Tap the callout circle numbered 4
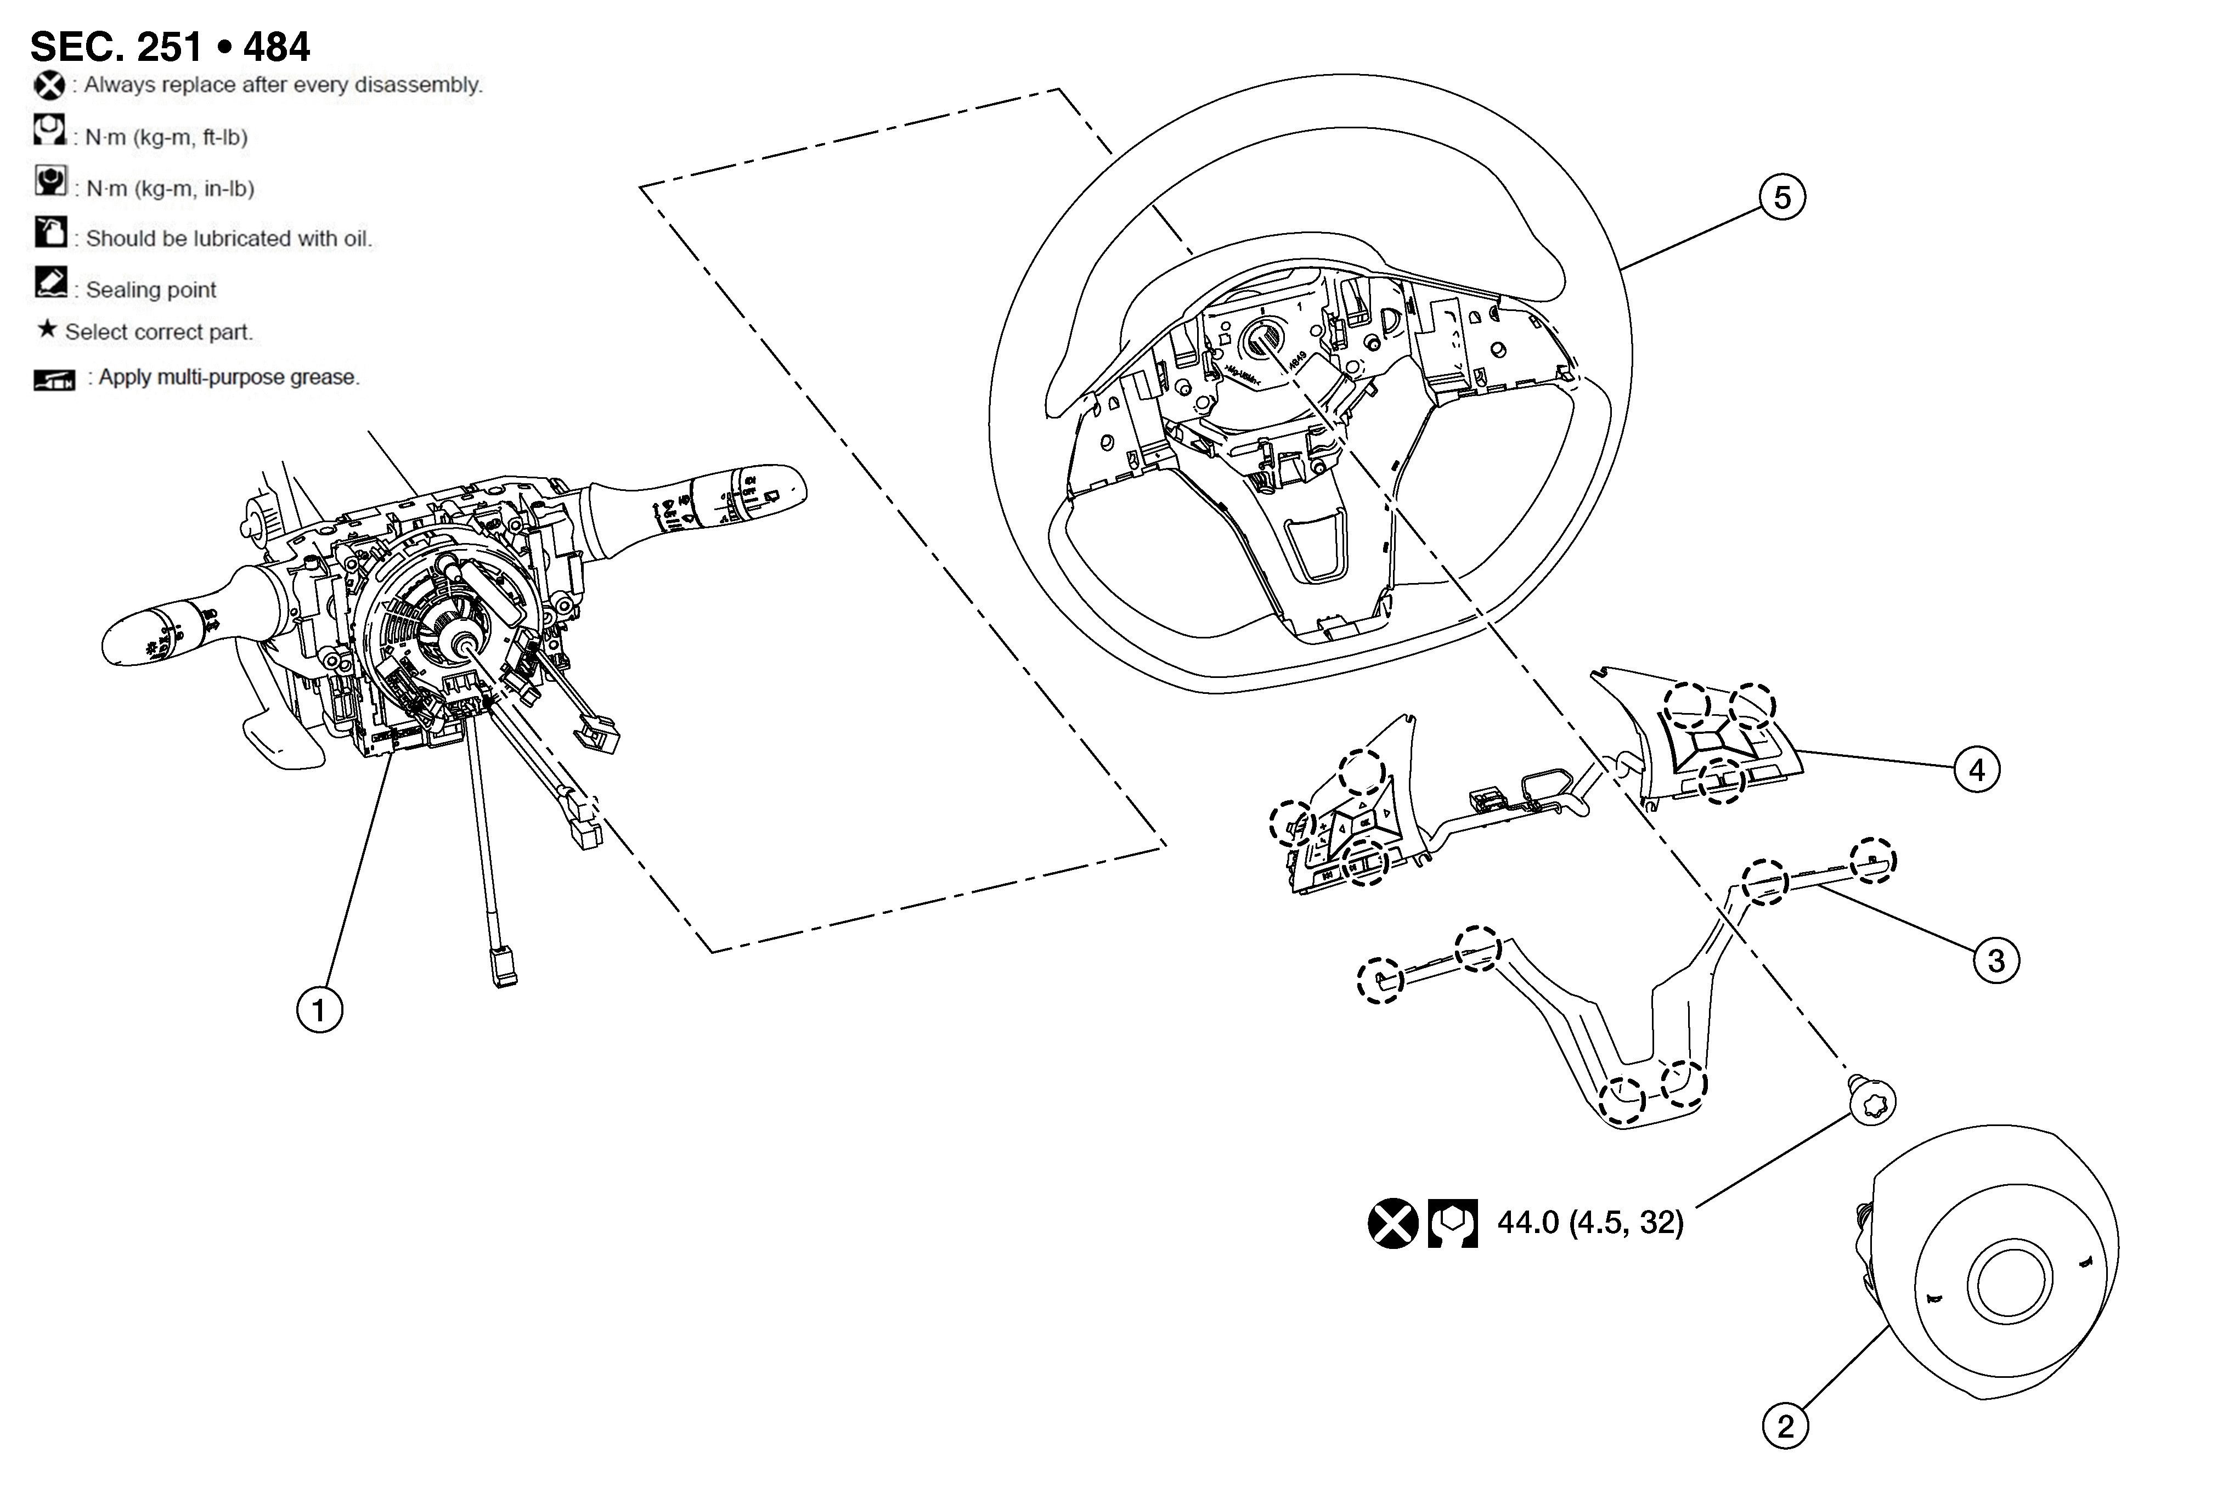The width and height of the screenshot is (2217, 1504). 1977,770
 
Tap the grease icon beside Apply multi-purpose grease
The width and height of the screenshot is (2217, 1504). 54,380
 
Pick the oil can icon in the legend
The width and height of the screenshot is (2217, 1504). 50,232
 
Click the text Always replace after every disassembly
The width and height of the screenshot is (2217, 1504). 283,85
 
